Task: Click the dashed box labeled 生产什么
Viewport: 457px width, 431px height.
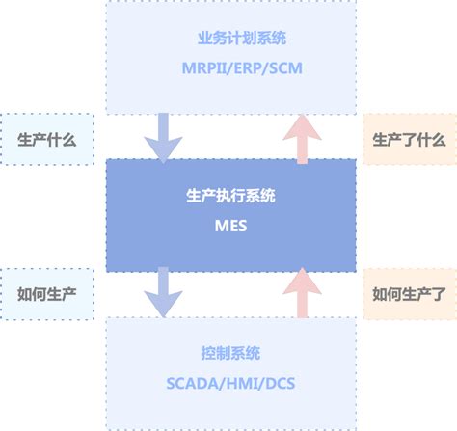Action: point(47,139)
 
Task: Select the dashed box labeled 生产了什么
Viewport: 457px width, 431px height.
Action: point(409,139)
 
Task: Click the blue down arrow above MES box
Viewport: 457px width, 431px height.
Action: point(163,136)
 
